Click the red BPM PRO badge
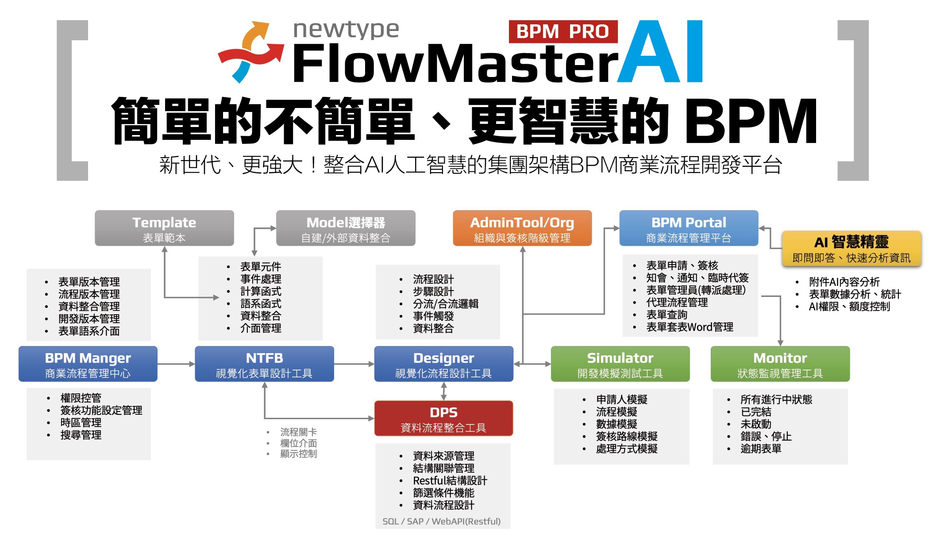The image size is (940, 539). (x=562, y=31)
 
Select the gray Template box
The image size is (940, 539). (x=164, y=228)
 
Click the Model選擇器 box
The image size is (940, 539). (x=346, y=228)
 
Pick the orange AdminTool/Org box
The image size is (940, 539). (x=522, y=228)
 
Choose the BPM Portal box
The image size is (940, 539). (x=689, y=228)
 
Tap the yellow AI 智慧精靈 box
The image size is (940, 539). (x=851, y=249)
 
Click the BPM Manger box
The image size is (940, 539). (x=88, y=364)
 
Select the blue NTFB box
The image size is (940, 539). (x=264, y=364)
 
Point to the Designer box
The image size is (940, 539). (x=443, y=364)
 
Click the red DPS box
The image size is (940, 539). (x=443, y=419)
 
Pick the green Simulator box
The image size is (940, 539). (x=620, y=364)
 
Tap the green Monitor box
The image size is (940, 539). (x=780, y=364)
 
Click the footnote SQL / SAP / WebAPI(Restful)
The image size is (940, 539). (x=442, y=521)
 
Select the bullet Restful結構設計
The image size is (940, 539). (x=450, y=481)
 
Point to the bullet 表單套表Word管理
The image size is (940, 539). (x=690, y=327)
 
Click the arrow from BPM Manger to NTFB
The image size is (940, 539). (x=176, y=364)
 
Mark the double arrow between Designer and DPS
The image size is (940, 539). (x=444, y=391)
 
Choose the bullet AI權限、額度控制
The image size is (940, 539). (x=849, y=306)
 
